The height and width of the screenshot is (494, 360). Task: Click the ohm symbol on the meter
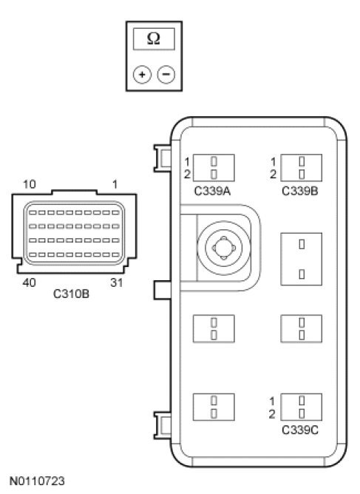pos(154,38)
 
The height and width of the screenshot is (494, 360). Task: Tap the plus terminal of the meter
pos(142,75)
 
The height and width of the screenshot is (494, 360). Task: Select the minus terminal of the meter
pos(166,75)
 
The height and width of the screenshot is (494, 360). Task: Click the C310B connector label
pos(71,294)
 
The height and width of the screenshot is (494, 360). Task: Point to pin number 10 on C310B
pos(30,184)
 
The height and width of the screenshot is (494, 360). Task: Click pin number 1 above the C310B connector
pos(115,184)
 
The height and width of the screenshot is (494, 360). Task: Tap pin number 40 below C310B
pos(30,282)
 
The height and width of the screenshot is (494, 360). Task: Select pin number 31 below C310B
pos(116,282)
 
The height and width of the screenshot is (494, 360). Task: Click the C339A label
pos(212,191)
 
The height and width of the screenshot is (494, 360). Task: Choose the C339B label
pos(300,191)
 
